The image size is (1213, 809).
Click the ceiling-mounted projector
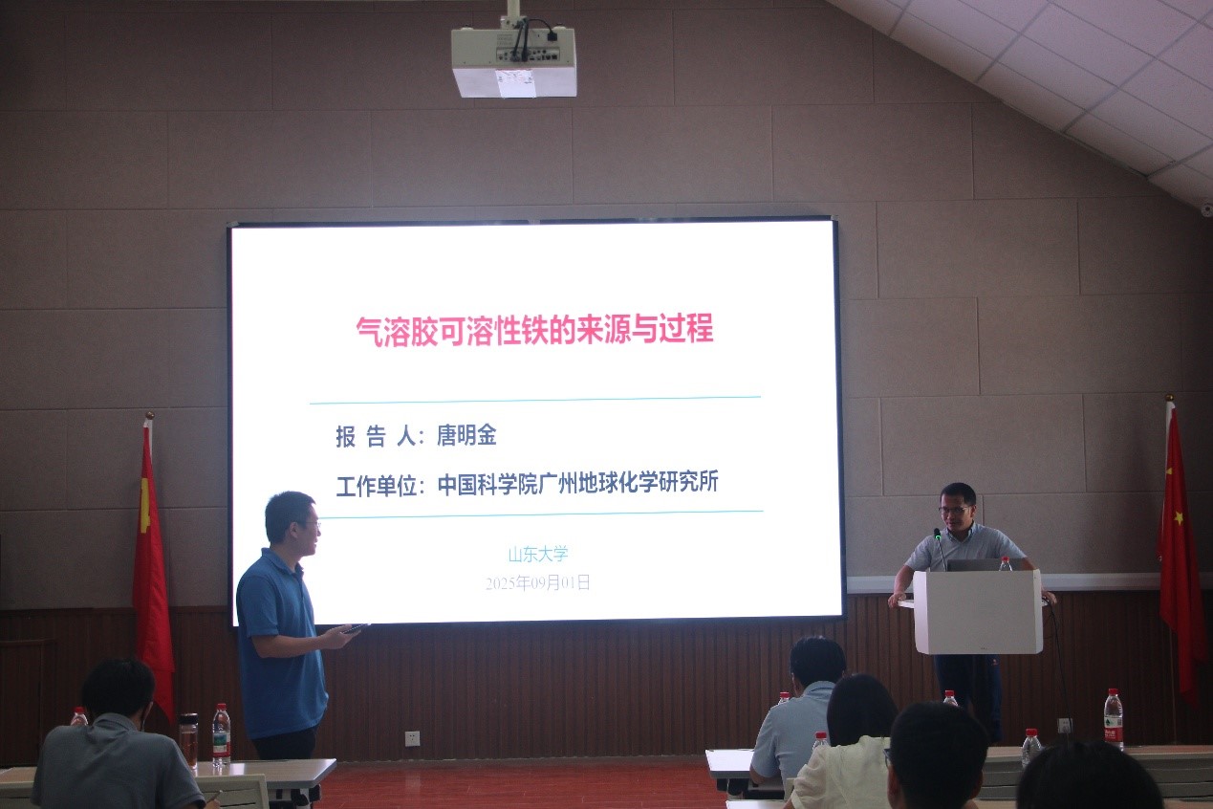tap(513, 60)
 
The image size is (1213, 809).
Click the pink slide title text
tap(535, 330)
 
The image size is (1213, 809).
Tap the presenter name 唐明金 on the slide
tap(466, 435)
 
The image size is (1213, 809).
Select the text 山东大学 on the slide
tap(538, 554)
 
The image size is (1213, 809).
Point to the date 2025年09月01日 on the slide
tap(538, 582)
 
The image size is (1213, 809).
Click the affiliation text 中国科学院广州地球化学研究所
tap(577, 482)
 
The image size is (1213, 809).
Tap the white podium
tap(978, 611)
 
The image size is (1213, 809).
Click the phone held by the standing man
tap(357, 628)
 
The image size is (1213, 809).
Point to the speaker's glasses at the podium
tap(954, 510)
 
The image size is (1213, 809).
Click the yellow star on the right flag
tap(1179, 518)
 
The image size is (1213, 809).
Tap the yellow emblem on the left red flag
tap(144, 505)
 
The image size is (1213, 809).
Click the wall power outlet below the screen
tap(412, 738)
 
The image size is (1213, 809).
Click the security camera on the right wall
tap(1206, 209)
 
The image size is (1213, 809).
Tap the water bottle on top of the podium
tap(1005, 563)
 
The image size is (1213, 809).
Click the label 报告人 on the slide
tap(376, 436)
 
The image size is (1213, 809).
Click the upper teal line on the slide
tap(535, 400)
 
